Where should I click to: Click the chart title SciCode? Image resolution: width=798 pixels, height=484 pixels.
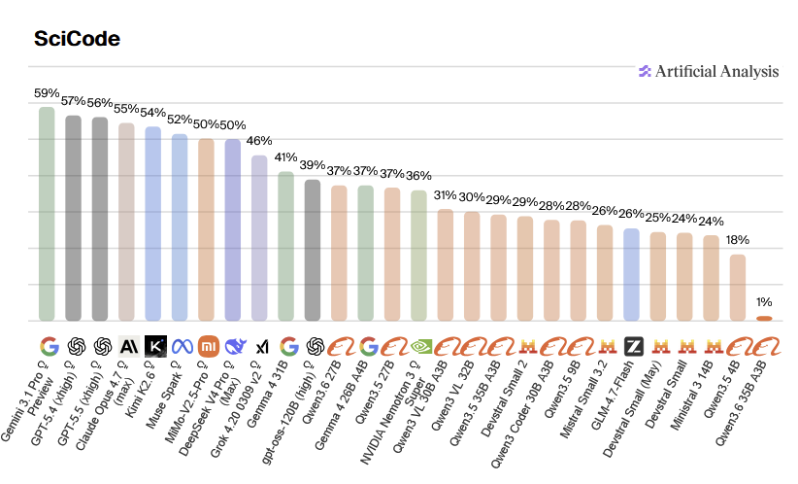click(77, 39)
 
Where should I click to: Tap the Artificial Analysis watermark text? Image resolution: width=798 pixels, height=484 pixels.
click(716, 71)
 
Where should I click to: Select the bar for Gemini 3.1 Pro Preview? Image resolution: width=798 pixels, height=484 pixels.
click(47, 214)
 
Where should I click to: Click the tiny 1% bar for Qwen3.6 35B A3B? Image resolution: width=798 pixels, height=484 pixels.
click(765, 318)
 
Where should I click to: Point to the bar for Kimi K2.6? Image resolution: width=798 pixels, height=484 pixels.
click(153, 224)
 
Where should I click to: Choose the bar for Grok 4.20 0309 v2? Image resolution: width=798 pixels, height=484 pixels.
click(259, 238)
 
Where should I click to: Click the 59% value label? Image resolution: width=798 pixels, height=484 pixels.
click(47, 94)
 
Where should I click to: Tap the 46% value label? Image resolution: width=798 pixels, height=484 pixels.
click(259, 142)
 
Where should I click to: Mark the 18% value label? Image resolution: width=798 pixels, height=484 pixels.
click(738, 241)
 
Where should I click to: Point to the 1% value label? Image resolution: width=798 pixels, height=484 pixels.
click(765, 302)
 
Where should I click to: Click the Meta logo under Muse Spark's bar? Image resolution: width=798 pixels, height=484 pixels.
click(180, 345)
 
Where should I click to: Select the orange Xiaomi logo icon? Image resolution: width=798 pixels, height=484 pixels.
click(207, 345)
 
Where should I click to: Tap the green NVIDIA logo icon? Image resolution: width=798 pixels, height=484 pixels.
click(419, 345)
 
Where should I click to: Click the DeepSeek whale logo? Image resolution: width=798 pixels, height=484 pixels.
click(233, 345)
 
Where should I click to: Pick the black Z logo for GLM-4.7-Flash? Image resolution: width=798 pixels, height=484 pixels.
click(632, 345)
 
